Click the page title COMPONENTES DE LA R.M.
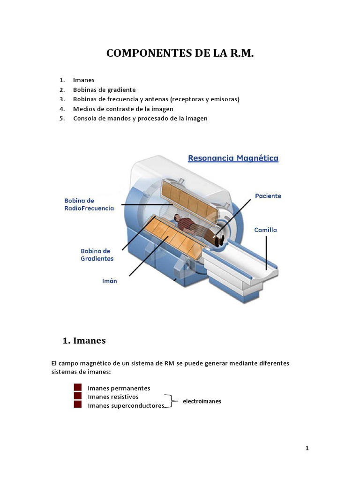(x=180, y=53)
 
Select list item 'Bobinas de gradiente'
(x=104, y=90)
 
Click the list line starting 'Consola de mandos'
(x=140, y=118)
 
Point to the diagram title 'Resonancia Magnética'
(x=233, y=158)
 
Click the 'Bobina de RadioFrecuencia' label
(x=89, y=204)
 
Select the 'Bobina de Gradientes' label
(x=97, y=255)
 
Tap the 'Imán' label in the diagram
(x=110, y=281)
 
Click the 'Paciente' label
(x=268, y=196)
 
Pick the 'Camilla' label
(x=265, y=230)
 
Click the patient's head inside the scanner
(x=177, y=217)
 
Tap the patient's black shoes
(x=220, y=240)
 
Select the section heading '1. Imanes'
(x=84, y=341)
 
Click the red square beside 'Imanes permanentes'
(x=78, y=388)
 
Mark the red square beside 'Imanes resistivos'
(x=78, y=396)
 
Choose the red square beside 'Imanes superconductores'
(x=78, y=405)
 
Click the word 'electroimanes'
(x=202, y=401)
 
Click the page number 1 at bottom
(x=307, y=448)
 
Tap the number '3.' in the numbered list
(x=62, y=99)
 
